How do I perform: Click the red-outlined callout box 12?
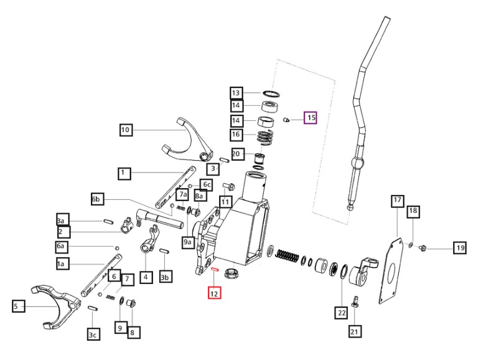coord(214,292)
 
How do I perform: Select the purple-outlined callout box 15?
coord(310,117)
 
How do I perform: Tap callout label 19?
coord(459,248)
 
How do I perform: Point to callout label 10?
coord(126,130)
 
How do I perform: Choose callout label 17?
coord(397,201)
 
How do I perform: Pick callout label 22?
coord(341,313)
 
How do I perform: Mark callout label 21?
coord(354,331)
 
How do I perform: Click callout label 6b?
coord(97,199)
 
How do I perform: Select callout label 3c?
coord(93,335)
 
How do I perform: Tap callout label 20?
coord(236,154)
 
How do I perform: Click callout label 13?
coord(236,93)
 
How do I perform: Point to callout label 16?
coord(236,135)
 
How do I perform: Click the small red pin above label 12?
coord(214,270)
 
